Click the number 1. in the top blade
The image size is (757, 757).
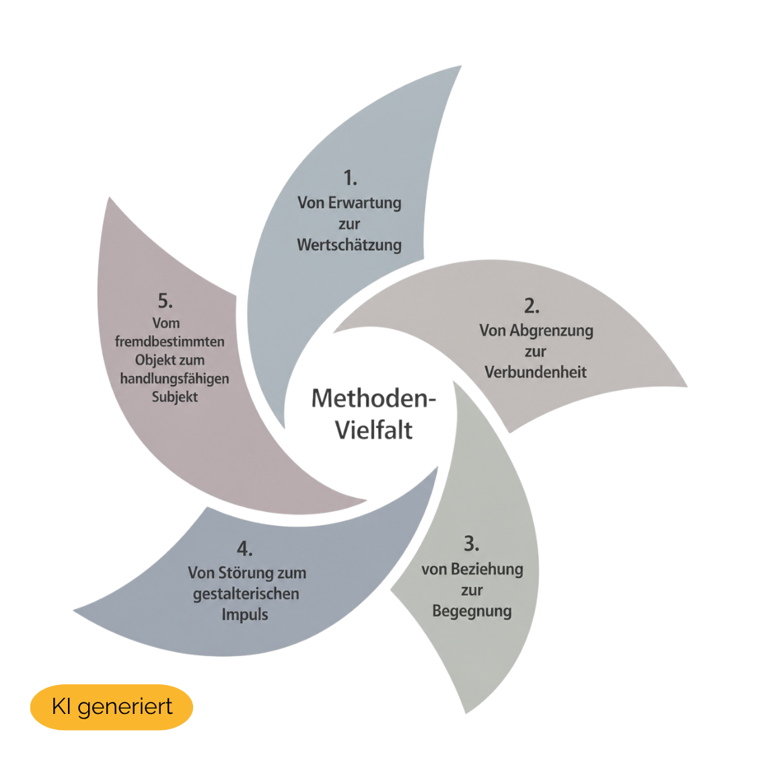coord(351,178)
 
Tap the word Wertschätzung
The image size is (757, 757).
coord(349,245)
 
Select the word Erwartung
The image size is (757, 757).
coord(365,203)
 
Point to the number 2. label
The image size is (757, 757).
coord(532,306)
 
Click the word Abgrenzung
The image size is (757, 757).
coord(551,331)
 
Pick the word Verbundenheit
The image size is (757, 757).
coord(536,372)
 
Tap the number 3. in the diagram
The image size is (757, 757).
coord(471,544)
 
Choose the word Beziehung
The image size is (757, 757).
coord(487,570)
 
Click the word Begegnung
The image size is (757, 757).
coord(472,611)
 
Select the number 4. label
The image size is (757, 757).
coord(244,549)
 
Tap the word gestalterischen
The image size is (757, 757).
coord(246,593)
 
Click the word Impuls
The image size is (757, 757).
coord(245,614)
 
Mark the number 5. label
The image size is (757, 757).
coord(165,301)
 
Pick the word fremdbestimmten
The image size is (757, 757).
coord(170,341)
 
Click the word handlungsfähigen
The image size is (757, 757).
coord(174,378)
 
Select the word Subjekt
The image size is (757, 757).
coord(175,397)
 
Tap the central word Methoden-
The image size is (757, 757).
coord(373,398)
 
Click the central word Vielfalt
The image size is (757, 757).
coord(374,430)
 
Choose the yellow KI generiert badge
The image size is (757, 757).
coord(112,707)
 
